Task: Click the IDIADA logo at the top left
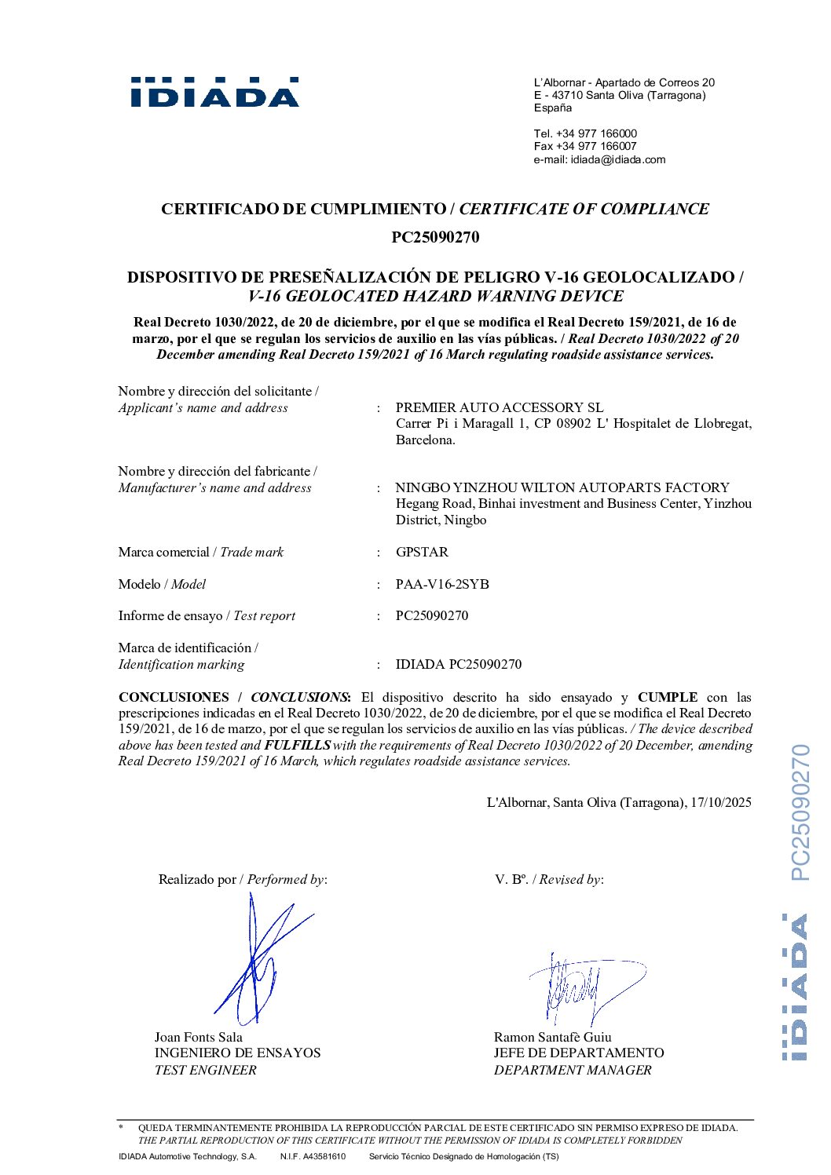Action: point(214,93)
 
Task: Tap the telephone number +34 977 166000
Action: point(596,133)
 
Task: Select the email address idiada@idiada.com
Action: point(617,159)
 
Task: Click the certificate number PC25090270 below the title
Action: point(435,237)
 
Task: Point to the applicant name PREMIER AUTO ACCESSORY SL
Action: point(500,407)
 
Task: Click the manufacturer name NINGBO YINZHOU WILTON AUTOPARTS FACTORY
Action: point(562,487)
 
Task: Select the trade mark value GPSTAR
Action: point(422,552)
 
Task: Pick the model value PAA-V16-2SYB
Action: point(442,584)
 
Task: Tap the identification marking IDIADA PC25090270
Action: point(458,664)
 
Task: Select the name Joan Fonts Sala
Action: point(199,1037)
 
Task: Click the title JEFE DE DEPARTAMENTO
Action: point(579,1053)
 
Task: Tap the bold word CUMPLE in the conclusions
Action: point(668,697)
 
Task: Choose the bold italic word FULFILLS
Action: point(297,745)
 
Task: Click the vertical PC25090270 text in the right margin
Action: point(800,812)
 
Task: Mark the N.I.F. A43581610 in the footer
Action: point(313,1156)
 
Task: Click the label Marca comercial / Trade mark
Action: point(201,552)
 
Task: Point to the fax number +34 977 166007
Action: point(596,146)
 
